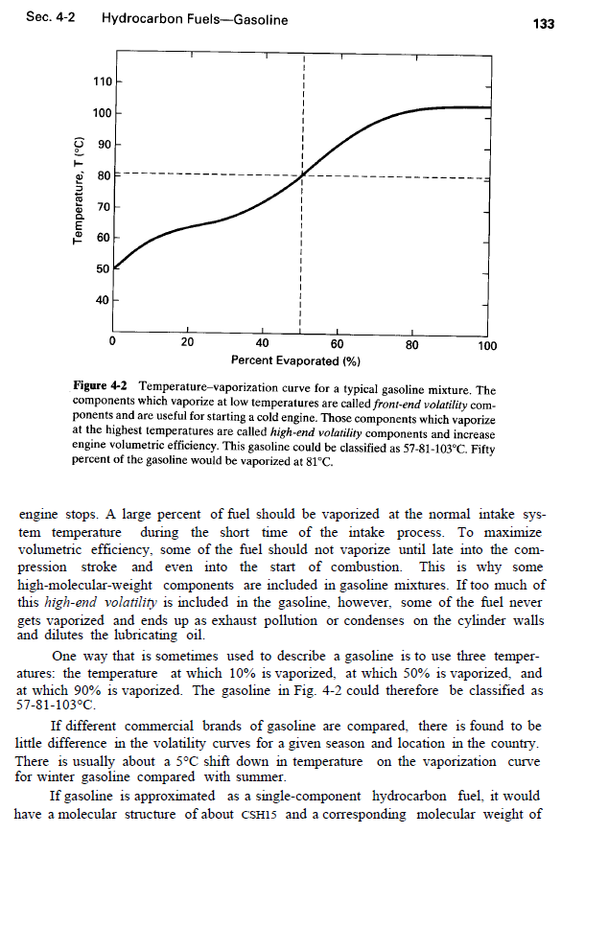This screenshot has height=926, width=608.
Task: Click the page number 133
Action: coord(544,23)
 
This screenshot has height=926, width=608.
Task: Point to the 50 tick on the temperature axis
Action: coord(104,269)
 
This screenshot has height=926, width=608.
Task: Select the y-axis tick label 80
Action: coord(104,175)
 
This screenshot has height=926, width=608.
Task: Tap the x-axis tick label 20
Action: coord(188,344)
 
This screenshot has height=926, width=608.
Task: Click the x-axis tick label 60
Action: coord(337,344)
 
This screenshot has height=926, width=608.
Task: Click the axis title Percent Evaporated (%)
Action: coord(295,360)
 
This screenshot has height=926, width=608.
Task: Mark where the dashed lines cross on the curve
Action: coord(302,175)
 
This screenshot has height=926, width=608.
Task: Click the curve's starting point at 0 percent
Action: coord(115,267)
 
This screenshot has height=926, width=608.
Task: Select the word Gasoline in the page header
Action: coord(260,20)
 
